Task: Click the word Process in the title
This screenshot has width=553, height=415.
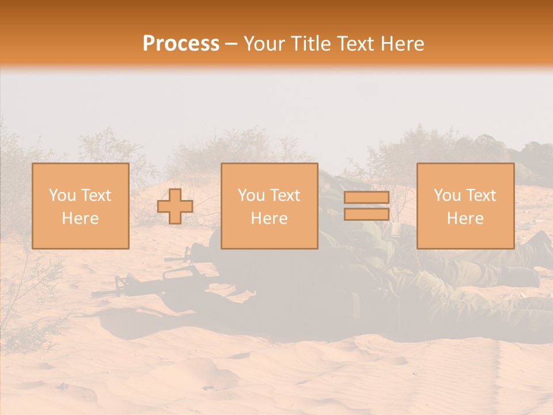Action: (181, 44)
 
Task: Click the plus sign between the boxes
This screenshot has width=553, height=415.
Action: (175, 206)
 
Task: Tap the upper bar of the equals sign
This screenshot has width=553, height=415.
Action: (366, 198)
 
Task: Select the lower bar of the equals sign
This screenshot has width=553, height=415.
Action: (366, 214)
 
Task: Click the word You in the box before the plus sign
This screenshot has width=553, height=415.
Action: (62, 195)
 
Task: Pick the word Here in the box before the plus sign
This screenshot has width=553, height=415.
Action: (80, 218)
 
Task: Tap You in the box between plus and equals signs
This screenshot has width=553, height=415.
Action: (251, 195)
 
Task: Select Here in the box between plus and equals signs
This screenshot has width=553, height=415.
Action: (269, 218)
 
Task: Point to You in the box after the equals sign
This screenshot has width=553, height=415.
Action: (446, 195)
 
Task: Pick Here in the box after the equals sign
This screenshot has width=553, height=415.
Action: (465, 218)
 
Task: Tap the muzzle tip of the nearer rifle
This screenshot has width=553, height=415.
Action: (93, 295)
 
